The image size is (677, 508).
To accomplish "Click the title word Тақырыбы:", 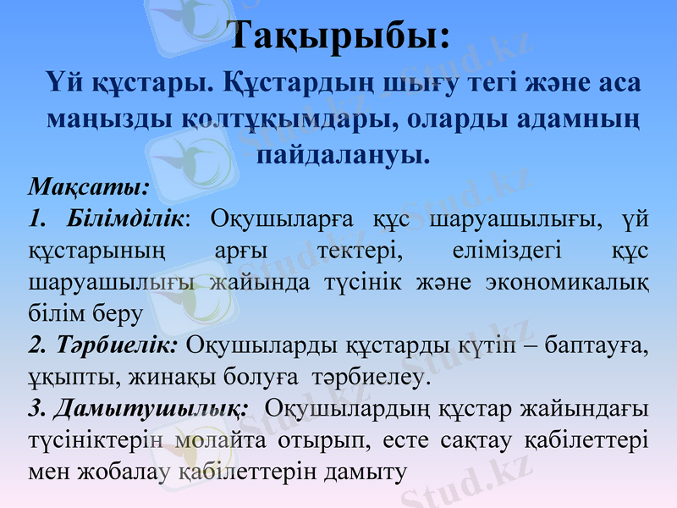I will [339, 36].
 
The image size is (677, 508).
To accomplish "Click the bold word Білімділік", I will [124, 218].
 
